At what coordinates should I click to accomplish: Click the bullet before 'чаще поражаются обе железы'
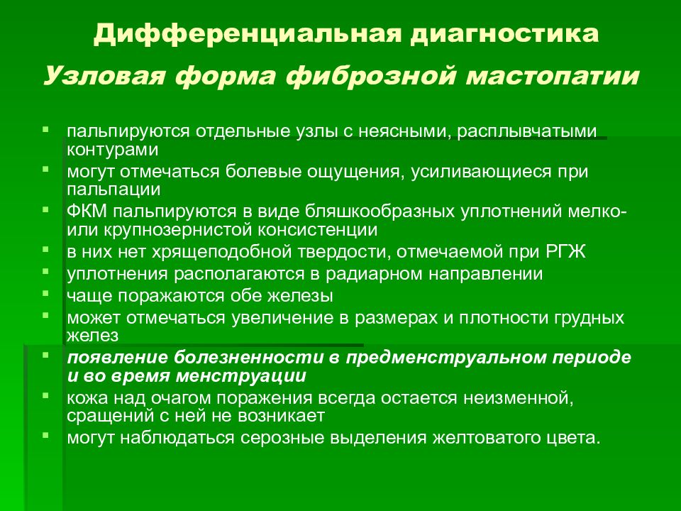click(x=46, y=292)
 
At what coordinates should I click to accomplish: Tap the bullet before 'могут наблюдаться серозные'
click(x=46, y=434)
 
